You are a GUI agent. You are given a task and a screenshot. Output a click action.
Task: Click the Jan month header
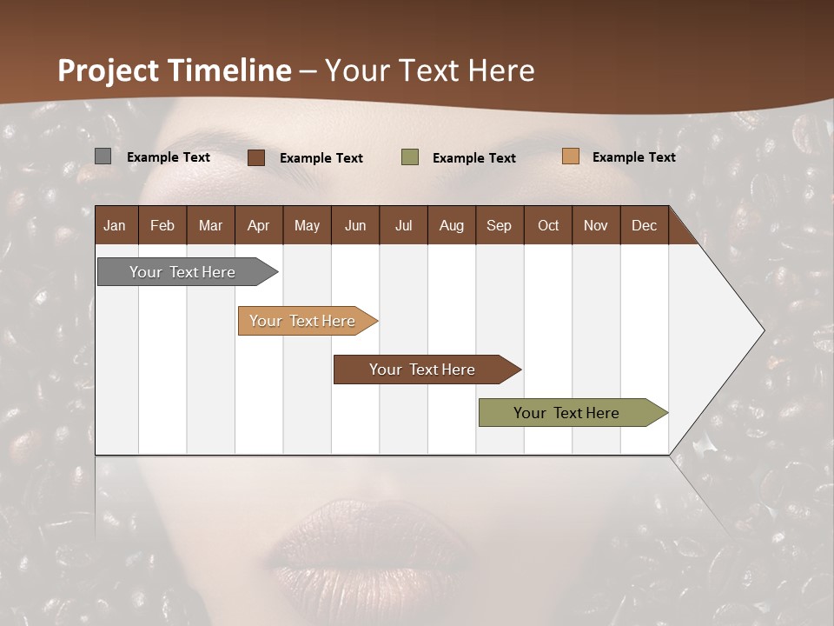click(116, 225)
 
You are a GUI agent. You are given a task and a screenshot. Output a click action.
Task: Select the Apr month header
click(258, 225)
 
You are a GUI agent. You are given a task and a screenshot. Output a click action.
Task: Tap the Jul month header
click(403, 225)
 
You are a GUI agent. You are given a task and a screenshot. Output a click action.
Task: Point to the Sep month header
click(499, 225)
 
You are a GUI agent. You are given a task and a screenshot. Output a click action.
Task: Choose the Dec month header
click(644, 225)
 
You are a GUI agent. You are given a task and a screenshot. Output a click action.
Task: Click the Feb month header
click(162, 225)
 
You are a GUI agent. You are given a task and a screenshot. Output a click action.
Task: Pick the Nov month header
click(595, 225)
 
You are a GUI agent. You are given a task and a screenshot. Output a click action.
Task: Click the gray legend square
click(103, 156)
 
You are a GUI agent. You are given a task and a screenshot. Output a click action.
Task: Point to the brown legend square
click(255, 157)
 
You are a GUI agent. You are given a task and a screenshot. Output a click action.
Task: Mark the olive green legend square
click(409, 157)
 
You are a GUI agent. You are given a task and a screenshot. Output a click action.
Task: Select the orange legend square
click(570, 156)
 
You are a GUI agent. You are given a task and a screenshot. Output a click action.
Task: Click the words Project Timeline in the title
click(175, 70)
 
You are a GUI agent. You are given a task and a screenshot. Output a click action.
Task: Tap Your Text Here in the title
click(430, 70)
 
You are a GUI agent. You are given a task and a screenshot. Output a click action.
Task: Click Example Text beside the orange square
click(633, 156)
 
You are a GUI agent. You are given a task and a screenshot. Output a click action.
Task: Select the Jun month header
click(355, 225)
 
